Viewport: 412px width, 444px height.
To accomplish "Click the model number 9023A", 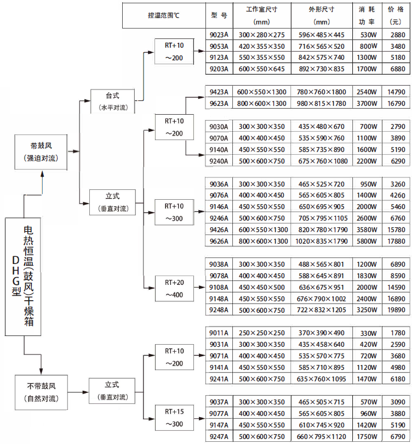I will click(x=219, y=35).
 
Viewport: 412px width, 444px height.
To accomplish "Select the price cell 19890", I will click(x=396, y=310).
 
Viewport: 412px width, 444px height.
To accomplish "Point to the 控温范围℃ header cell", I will click(x=163, y=15).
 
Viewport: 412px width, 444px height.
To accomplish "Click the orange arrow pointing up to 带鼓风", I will click(x=42, y=181).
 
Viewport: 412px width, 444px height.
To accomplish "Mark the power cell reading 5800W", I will click(x=367, y=241).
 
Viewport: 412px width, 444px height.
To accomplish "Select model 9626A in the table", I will click(x=219, y=241).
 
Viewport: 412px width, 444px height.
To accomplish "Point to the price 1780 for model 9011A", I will click(x=396, y=333).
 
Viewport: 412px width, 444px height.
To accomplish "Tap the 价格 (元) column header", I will click(x=396, y=15).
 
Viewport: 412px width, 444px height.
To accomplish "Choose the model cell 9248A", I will click(x=219, y=310).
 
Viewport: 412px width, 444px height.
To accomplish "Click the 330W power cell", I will click(x=367, y=333).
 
